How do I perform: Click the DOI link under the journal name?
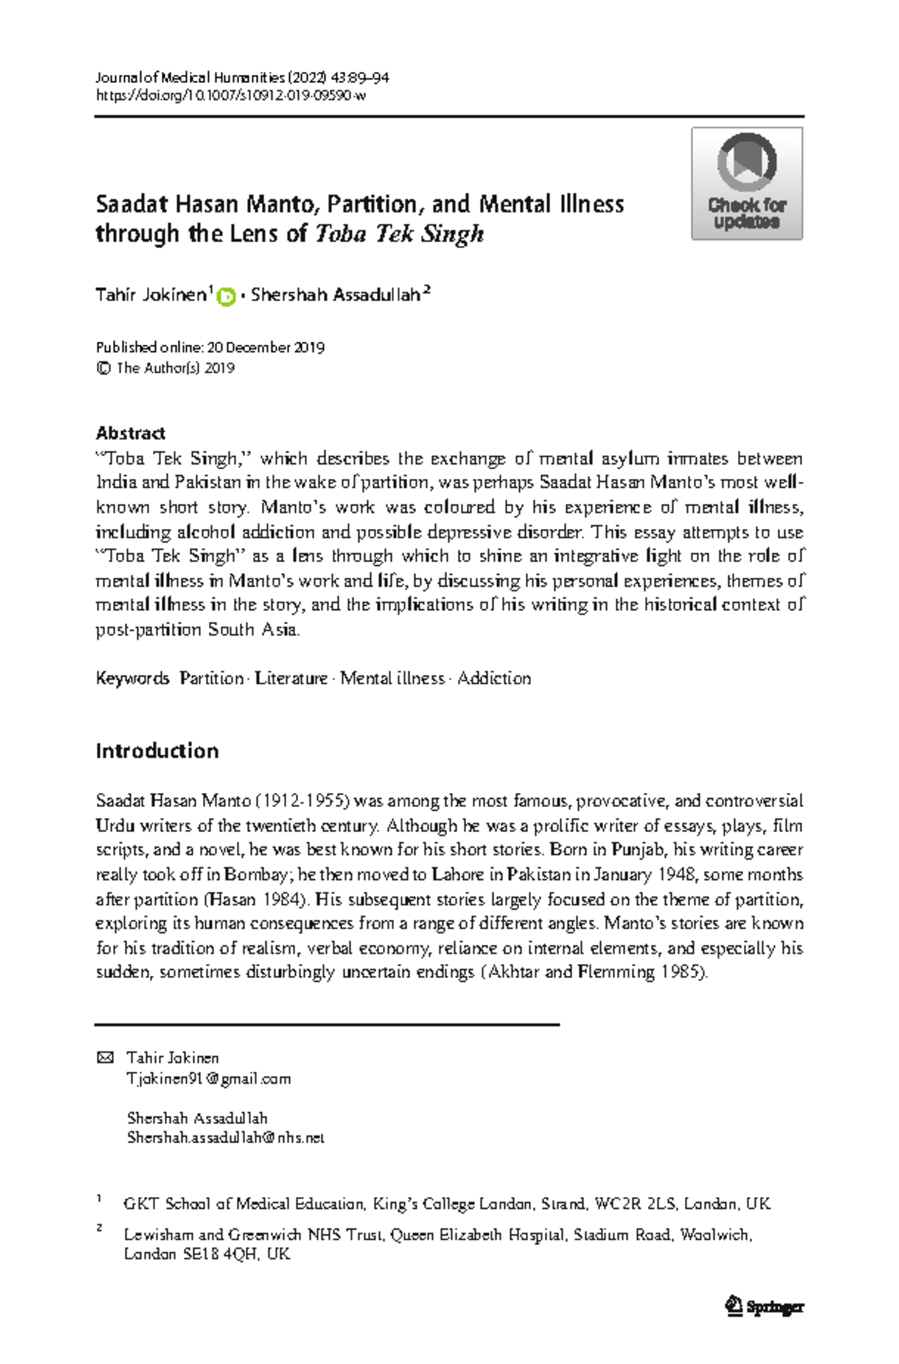pos(231,96)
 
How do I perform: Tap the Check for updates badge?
pos(746,184)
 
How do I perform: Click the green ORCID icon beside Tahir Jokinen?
pos(226,297)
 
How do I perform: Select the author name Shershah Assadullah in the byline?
pos(335,295)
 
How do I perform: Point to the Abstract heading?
pos(130,433)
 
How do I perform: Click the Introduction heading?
pos(157,751)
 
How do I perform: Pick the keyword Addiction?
pos(494,678)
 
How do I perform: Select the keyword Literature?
pos(291,678)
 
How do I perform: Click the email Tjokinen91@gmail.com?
pos(208,1078)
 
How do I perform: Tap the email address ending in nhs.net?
pos(225,1138)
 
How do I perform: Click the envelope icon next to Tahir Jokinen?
pos(106,1057)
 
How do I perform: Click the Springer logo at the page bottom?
pos(764,1307)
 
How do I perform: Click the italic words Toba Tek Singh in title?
pos(399,234)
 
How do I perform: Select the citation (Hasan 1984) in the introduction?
pos(254,899)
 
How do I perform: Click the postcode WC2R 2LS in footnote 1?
pos(635,1204)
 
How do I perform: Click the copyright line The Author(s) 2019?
pos(175,368)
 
